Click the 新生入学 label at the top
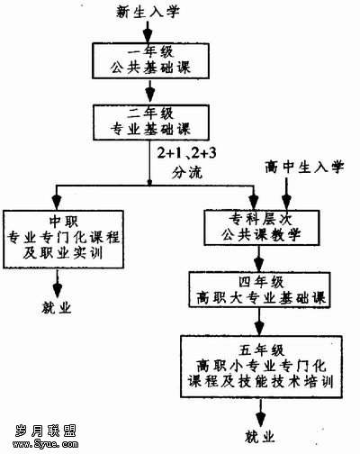click(x=148, y=13)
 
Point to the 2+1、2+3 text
click(x=186, y=153)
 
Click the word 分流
click(x=187, y=172)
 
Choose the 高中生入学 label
click(x=304, y=167)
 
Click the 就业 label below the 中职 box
click(x=57, y=307)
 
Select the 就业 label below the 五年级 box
click(x=260, y=437)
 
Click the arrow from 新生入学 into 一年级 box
click(x=148, y=32)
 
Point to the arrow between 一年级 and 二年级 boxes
click(x=150, y=92)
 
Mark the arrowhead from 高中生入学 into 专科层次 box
click(x=286, y=202)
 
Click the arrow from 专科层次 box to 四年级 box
click(x=258, y=259)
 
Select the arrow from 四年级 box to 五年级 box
click(x=259, y=322)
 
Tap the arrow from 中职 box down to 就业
click(x=57, y=284)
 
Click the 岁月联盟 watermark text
click(x=46, y=431)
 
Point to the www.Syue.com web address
click(x=46, y=444)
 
